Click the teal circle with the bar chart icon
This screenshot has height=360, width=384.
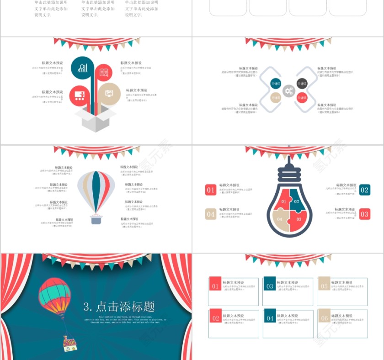click(83, 68)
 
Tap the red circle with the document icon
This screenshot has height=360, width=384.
click(104, 72)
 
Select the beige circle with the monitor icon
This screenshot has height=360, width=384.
click(109, 93)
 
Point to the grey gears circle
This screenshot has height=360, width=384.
click(288, 91)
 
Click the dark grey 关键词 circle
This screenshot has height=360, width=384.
click(302, 84)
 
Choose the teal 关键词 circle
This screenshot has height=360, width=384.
click(276, 84)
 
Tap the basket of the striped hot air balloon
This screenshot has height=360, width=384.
click(96, 220)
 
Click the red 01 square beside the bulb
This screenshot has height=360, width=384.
click(210, 190)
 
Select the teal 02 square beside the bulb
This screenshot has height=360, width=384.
click(364, 190)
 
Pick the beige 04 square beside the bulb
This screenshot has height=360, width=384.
click(210, 214)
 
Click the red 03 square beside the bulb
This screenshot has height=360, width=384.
click(364, 214)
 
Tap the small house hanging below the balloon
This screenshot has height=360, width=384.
click(69, 344)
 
